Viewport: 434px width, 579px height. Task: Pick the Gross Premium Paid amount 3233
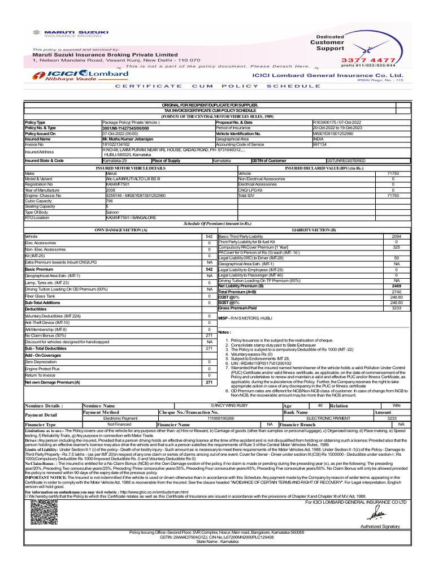click(396, 308)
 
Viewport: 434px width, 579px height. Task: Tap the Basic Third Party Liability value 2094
click(396, 236)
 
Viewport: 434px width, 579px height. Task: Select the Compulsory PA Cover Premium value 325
click(396, 247)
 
